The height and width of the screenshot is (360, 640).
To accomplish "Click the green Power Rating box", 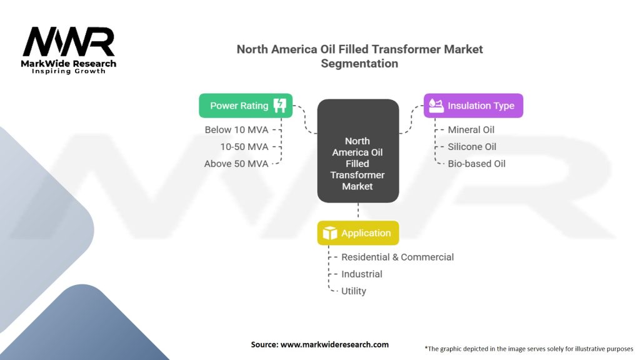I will [246, 106].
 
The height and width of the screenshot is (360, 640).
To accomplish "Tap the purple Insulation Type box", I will [473, 106].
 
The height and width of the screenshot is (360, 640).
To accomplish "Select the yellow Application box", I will [357, 233].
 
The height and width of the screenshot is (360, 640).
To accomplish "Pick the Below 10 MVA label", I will [236, 130].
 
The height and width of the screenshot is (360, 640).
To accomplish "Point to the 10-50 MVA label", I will [244, 147].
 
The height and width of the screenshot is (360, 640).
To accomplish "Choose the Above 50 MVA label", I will [236, 164].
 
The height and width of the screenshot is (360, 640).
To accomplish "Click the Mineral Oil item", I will [471, 130].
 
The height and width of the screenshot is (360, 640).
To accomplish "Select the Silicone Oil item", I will [472, 147].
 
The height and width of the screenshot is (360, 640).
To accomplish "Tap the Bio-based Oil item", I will [476, 164].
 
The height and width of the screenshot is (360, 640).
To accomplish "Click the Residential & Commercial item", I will [397, 257].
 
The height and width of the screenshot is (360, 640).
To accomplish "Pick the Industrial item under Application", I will [362, 274].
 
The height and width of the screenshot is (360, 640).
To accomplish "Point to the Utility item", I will [354, 291].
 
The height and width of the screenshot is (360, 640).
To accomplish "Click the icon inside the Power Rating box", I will [279, 106].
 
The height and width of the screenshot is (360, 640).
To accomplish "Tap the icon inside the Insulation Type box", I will [436, 106].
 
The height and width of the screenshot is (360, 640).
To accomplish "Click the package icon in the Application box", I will [329, 233].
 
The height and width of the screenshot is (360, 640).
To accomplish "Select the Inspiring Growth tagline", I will [69, 71].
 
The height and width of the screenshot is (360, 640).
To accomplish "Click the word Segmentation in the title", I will [359, 63].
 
